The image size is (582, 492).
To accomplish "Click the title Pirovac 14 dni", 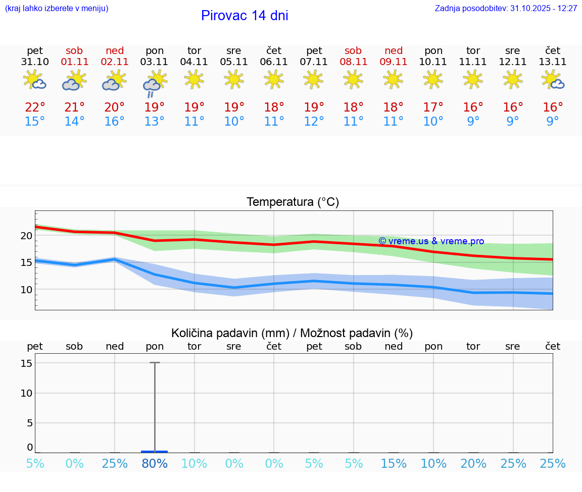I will click(x=245, y=16).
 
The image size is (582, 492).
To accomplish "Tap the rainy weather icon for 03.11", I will click(x=154, y=82).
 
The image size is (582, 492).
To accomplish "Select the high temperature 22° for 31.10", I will click(x=35, y=107).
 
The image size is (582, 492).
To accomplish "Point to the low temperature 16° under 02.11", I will click(x=115, y=122).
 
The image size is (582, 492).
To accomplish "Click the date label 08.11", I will click(x=353, y=62).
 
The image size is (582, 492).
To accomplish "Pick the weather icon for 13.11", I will click(x=553, y=80).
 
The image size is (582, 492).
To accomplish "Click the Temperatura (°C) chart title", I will click(x=293, y=202).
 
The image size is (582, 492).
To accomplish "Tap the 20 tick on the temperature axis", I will click(x=27, y=236).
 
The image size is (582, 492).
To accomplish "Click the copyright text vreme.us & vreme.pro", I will click(x=431, y=241).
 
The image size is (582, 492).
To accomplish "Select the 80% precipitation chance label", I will click(x=155, y=464).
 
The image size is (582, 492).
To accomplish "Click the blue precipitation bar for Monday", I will click(x=155, y=451).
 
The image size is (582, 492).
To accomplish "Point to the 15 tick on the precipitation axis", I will click(x=27, y=363).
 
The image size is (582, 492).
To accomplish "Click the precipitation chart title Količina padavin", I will click(x=292, y=333).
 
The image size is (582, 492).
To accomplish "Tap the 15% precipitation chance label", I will click(x=394, y=464).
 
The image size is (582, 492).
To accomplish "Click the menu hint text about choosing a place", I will click(x=57, y=9).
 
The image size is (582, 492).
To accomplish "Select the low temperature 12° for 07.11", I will click(x=314, y=122).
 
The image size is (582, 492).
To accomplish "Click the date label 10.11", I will click(x=433, y=62).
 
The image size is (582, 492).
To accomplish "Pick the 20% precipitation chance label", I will click(x=473, y=464).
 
